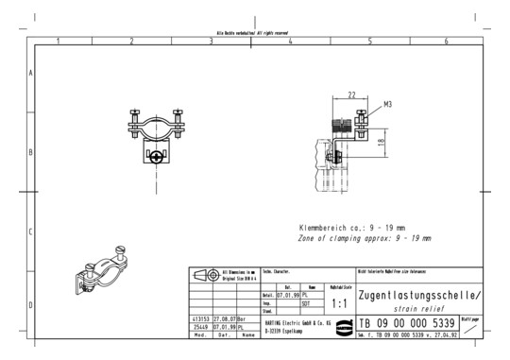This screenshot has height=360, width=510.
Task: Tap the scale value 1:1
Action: coord(341,302)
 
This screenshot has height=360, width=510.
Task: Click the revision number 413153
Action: coord(199,319)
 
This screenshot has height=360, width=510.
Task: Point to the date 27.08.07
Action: coord(224,319)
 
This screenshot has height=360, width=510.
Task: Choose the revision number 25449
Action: coord(199,327)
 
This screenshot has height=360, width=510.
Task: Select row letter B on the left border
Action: coord(31,152)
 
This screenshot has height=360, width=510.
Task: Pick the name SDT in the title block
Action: coord(305,303)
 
